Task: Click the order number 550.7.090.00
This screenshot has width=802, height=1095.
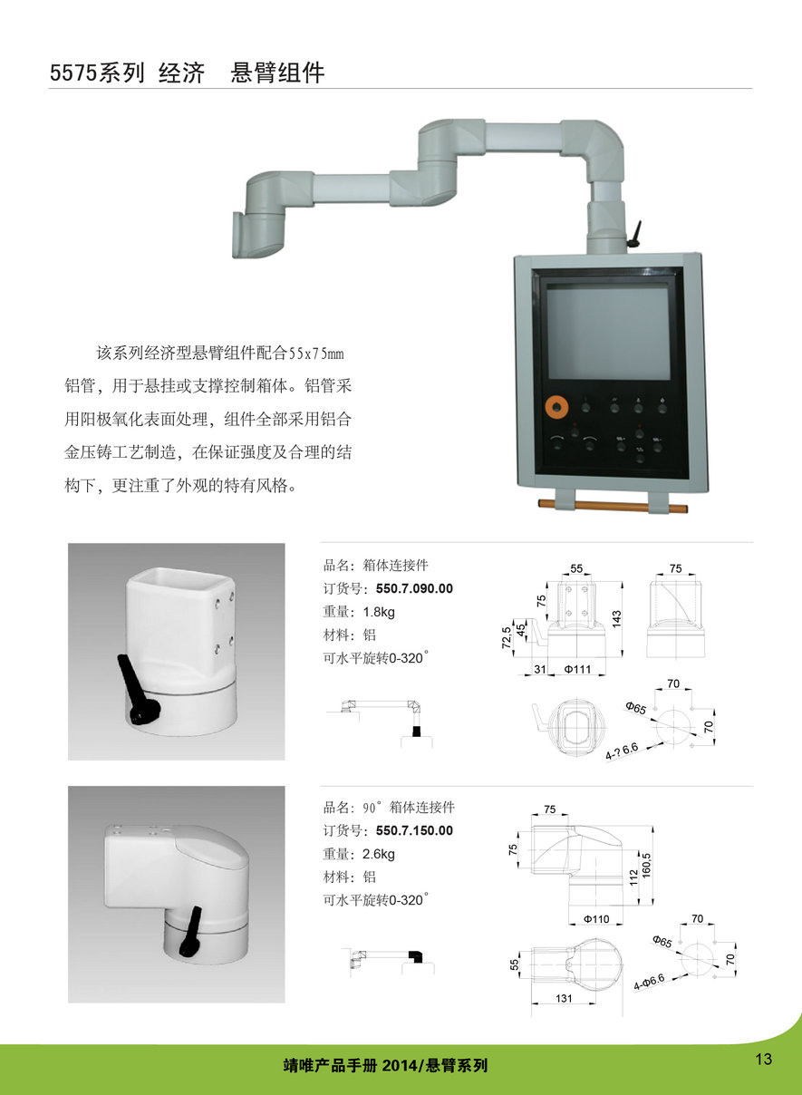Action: pos(414,588)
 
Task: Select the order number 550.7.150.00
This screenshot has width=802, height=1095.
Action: pos(414,830)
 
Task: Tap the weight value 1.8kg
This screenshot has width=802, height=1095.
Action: pos(378,612)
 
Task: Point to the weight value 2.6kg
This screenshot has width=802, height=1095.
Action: pos(378,854)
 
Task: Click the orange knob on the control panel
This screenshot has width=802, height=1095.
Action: pos(556,407)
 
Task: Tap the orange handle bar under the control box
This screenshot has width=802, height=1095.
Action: pos(613,506)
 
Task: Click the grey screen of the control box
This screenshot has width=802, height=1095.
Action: pos(607,334)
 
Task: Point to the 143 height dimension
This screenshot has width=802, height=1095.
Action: pos(616,619)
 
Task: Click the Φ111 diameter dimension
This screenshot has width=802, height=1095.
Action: pos(577,669)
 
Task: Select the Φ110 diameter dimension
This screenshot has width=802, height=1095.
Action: pos(596,919)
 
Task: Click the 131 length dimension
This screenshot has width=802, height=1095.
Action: pos(564,998)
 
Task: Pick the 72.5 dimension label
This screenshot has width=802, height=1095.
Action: pos(507,637)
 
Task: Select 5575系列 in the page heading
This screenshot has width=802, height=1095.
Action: pos(97,73)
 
